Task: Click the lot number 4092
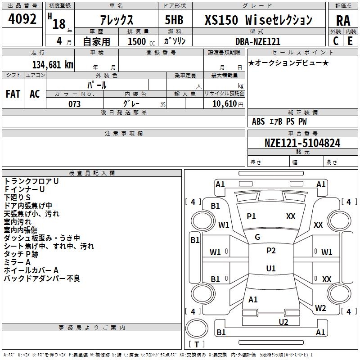22,20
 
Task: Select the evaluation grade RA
343,20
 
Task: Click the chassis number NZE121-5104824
302,143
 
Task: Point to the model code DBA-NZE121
258,41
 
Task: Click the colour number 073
74,104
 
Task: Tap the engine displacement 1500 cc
139,41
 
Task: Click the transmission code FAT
13,94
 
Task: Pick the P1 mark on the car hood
251,216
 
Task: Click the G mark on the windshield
257,237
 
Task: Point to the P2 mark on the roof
271,251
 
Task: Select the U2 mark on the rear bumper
283,321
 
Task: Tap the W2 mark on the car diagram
320,308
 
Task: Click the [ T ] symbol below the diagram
196,345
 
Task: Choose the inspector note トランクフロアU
31,181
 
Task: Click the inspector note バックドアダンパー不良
42,279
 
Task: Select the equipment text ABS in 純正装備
258,121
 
